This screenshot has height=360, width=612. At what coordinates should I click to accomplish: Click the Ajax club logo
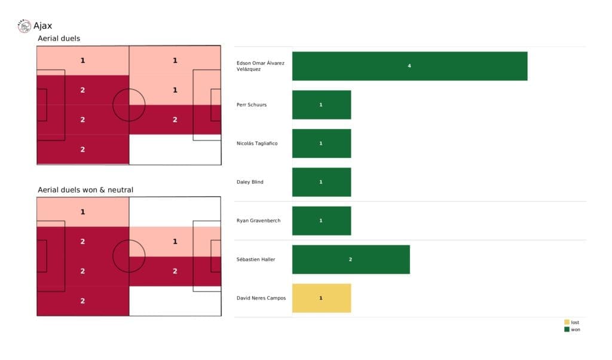coord(25,26)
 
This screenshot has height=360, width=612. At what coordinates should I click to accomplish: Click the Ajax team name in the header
coord(42,26)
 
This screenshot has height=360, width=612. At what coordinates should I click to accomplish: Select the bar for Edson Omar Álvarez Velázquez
coord(409,66)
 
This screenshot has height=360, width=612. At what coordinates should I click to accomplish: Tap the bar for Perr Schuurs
coord(321,105)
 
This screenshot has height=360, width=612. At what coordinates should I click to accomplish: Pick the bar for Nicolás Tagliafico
coord(321,144)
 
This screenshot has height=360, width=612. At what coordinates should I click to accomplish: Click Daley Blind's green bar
coord(321,182)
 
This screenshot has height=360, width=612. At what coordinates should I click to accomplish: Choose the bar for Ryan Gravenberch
coord(321,221)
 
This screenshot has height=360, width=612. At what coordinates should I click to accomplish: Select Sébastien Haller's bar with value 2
coord(351,260)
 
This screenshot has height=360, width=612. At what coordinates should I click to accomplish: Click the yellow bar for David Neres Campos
coord(321,298)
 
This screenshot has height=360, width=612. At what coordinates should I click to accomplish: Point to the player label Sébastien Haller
coord(256,260)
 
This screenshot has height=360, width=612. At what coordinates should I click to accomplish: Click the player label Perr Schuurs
coord(252,105)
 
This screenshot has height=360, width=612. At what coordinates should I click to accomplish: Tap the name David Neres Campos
coord(261,298)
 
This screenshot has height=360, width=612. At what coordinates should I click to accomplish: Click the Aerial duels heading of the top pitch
coord(59,38)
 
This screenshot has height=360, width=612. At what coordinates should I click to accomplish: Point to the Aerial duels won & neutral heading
coord(85,190)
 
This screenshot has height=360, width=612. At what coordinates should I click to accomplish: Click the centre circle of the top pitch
coord(129,105)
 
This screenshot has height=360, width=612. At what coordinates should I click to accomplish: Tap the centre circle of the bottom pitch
coord(129,257)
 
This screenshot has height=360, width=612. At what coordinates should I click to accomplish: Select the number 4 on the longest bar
coord(409,66)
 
